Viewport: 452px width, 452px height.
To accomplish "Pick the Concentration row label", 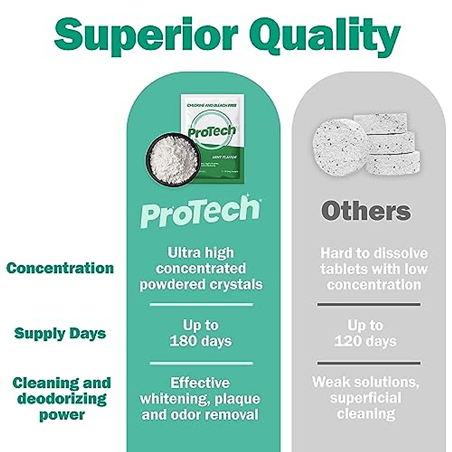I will [60, 268].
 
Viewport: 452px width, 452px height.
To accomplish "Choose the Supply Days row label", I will [60, 333].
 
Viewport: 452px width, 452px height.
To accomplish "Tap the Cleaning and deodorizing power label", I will [62, 399].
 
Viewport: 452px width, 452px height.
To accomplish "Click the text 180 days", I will [201, 341].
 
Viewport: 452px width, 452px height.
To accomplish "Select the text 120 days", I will [365, 341].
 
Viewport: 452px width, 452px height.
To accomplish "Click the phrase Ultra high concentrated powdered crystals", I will [201, 269].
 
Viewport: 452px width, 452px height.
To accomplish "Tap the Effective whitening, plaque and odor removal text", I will [200, 399].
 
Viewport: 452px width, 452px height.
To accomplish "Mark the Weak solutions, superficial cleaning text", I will [365, 398].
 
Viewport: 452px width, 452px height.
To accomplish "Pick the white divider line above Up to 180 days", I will [202, 304].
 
